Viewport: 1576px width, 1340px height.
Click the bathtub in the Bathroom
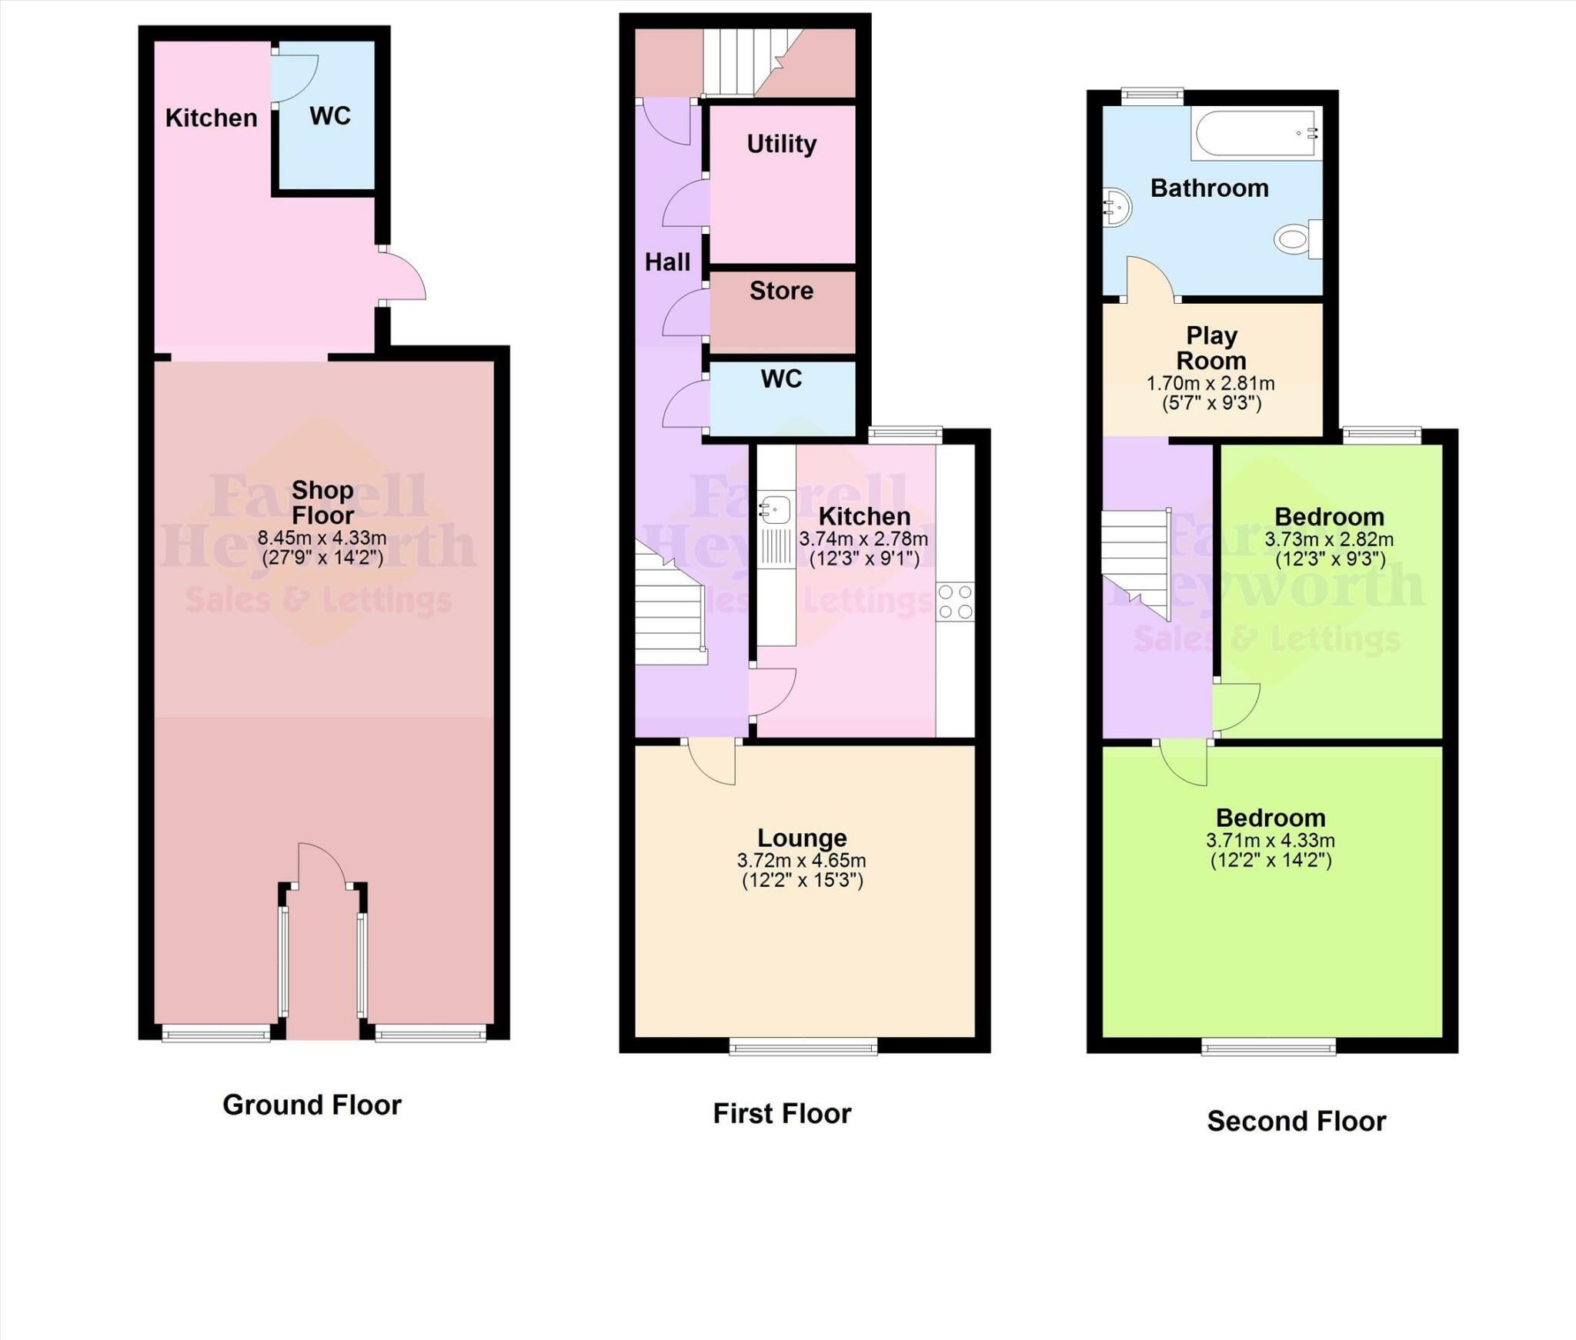[x=1256, y=134]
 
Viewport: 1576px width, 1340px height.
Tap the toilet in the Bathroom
[x=1297, y=239]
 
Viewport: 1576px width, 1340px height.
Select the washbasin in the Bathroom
[x=1117, y=208]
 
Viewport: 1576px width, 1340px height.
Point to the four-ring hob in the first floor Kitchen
[x=955, y=602]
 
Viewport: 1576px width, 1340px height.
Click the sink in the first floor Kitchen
[x=775, y=509]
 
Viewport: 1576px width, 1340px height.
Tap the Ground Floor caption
[x=312, y=1105]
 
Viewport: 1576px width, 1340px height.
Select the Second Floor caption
[x=1296, y=1121]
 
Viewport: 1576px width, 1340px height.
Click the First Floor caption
[x=782, y=1113]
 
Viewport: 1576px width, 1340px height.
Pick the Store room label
[x=781, y=291]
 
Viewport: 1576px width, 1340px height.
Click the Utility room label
[x=781, y=144]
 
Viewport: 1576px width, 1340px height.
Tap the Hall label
[x=667, y=262]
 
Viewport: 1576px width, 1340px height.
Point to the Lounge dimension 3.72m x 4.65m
[x=801, y=861]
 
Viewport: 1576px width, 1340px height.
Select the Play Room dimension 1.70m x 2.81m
[x=1210, y=383]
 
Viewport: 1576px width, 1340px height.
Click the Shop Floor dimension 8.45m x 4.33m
[x=322, y=538]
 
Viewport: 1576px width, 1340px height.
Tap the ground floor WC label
[x=330, y=116]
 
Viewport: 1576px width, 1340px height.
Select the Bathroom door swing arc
[x=1150, y=278]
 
